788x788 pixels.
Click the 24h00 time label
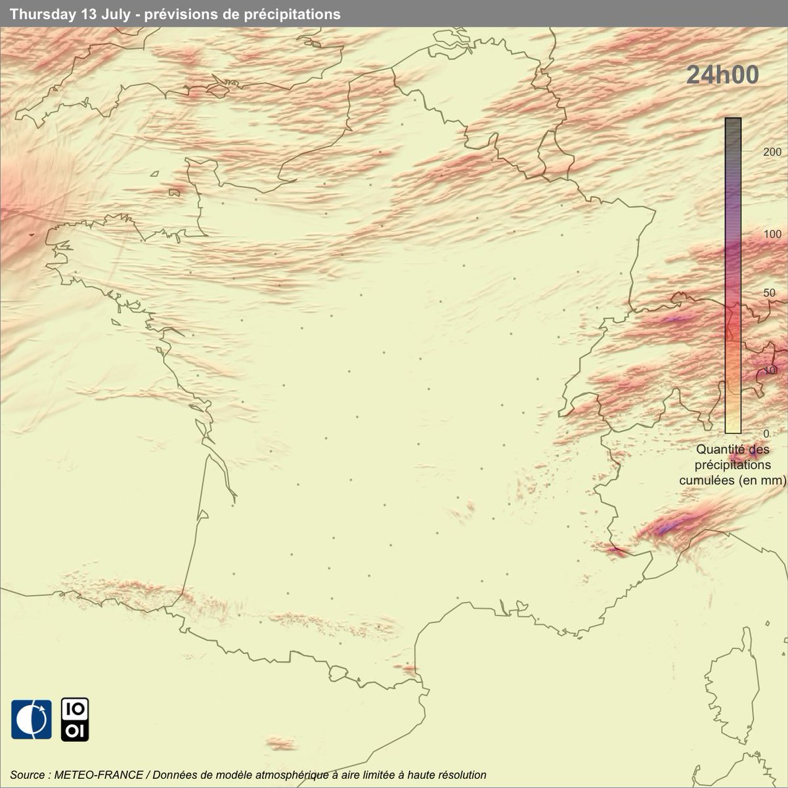point(722,76)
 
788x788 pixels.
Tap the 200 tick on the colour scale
point(754,151)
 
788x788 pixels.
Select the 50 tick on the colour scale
point(752,293)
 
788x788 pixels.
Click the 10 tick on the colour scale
point(752,372)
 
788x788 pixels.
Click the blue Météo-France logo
point(31,719)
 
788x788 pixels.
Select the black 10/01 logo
point(75,720)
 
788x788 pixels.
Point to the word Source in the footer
point(27,775)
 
